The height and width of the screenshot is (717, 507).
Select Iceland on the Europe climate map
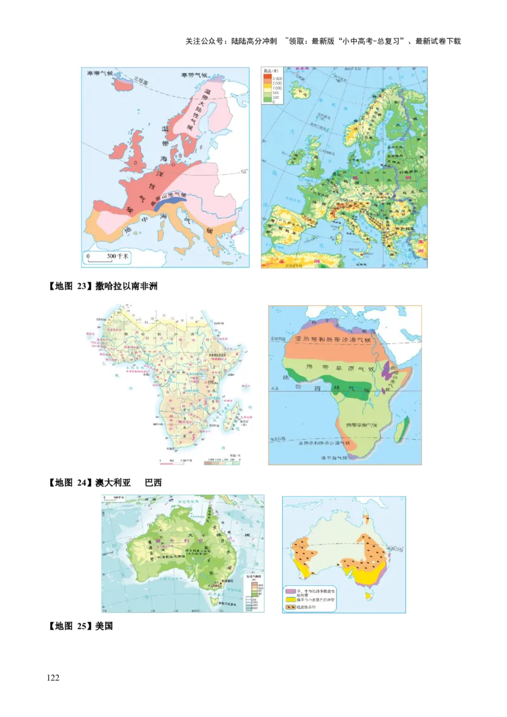click(126, 86)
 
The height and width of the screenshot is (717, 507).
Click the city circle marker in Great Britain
click(135, 163)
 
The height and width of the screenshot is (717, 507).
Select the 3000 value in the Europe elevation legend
click(276, 79)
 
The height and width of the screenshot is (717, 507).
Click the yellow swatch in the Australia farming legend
click(289, 599)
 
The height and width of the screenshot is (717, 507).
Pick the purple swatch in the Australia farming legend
click(289, 590)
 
